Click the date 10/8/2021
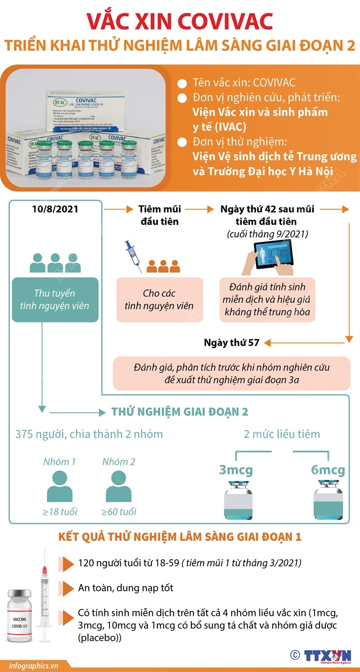tap(55, 209)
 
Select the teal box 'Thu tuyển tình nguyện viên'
tap(55, 299)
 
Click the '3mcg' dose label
tap(236, 470)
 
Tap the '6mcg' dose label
tap(328, 470)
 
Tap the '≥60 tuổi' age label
tap(119, 511)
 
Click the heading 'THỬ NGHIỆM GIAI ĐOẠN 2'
tap(180, 412)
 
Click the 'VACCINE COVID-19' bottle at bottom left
tap(18, 616)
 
